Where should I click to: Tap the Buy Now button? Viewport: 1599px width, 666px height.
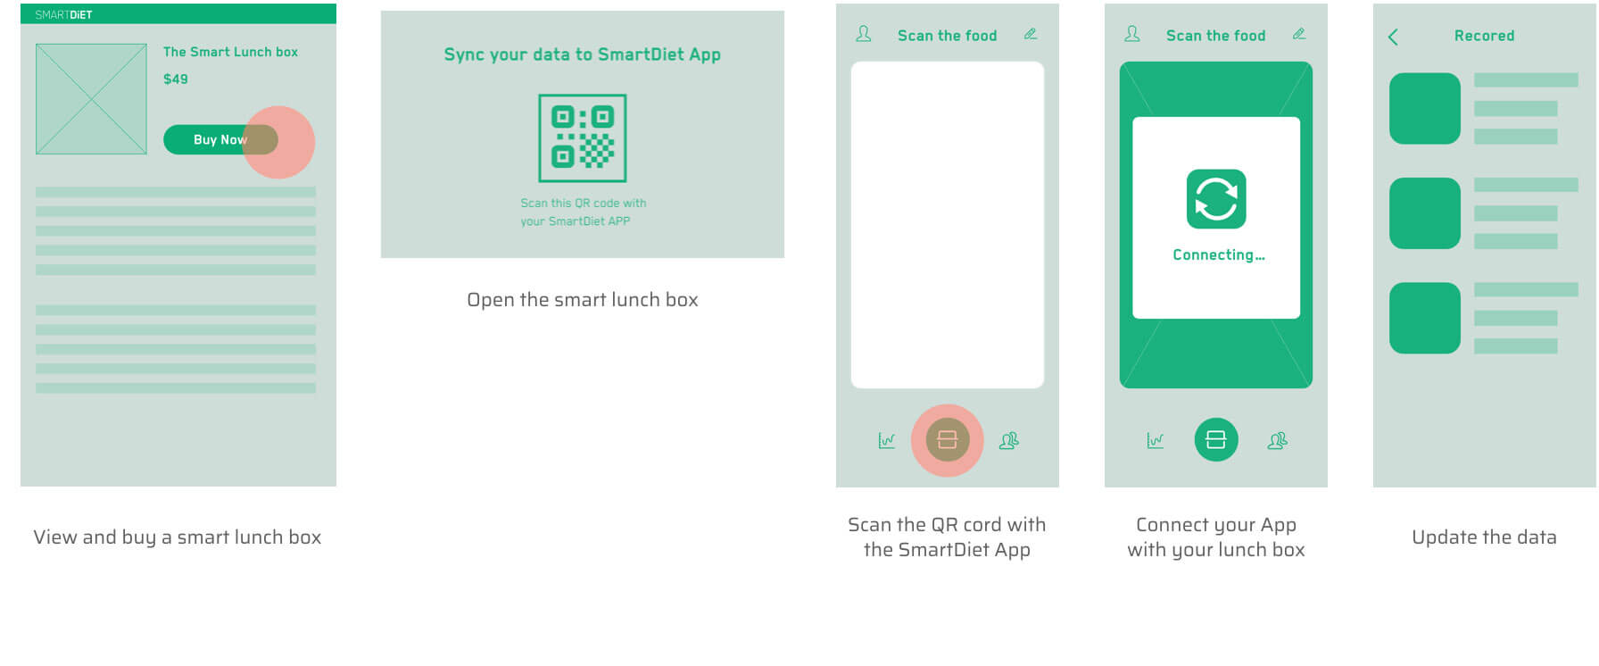(x=220, y=139)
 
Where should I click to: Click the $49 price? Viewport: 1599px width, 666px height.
(x=176, y=79)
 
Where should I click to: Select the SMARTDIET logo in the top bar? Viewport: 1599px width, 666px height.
(x=63, y=14)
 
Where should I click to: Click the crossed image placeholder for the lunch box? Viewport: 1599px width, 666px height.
(x=91, y=99)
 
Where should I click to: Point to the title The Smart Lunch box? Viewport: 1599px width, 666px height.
(x=230, y=52)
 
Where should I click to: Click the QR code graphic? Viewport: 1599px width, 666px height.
(x=583, y=137)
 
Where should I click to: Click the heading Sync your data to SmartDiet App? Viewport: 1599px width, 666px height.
(x=583, y=54)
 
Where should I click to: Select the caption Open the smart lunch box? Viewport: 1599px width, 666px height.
(x=583, y=300)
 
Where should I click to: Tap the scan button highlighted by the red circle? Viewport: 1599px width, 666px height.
(x=948, y=440)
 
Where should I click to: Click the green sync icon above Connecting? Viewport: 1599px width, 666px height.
(x=1216, y=199)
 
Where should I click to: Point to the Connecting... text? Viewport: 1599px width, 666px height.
(x=1219, y=255)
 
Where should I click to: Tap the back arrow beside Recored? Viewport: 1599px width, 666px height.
(x=1393, y=37)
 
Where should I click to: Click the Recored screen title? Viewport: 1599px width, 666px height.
(x=1484, y=36)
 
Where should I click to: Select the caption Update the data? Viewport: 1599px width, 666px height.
(x=1484, y=537)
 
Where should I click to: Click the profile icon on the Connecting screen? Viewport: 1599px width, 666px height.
(x=1132, y=34)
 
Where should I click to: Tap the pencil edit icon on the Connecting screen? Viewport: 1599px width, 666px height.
(x=1299, y=34)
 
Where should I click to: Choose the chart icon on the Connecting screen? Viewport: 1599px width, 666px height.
(x=1156, y=440)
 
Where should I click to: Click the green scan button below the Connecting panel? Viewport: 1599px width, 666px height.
(x=1216, y=440)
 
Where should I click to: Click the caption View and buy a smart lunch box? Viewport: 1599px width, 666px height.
(x=178, y=537)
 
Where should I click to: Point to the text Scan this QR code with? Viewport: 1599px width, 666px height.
(x=584, y=204)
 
